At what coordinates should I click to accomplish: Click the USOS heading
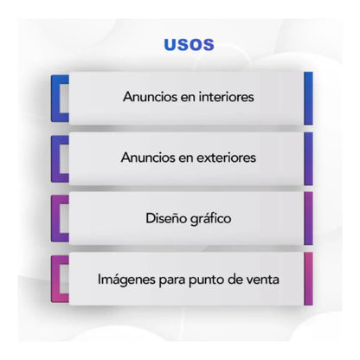point(189,45)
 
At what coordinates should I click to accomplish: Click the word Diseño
point(164,218)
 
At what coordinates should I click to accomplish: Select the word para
point(172,280)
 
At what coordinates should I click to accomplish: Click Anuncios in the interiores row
point(150,97)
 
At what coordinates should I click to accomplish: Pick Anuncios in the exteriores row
point(148,157)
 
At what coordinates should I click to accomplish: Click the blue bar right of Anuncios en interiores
point(308,99)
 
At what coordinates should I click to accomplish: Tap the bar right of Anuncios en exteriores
point(308,158)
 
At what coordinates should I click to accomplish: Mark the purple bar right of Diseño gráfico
point(308,218)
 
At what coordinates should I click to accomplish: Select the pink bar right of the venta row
point(308,279)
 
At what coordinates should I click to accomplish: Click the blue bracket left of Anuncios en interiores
point(55,99)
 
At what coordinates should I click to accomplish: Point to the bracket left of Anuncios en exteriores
point(55,159)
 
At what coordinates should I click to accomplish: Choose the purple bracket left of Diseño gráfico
point(55,218)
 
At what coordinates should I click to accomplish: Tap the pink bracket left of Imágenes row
point(55,279)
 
